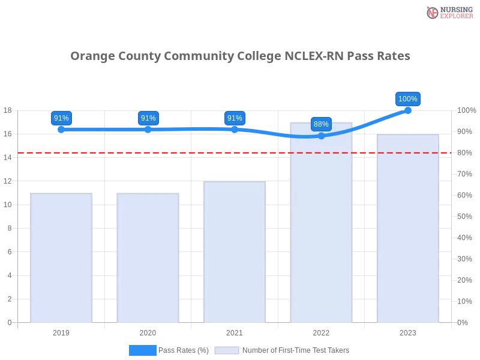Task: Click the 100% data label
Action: click(x=408, y=99)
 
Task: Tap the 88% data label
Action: click(x=321, y=124)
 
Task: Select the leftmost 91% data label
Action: click(x=61, y=118)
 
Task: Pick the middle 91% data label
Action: click(x=148, y=118)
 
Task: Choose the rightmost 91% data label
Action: click(x=235, y=118)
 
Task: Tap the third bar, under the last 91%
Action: click(x=235, y=252)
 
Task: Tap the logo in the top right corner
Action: click(x=448, y=12)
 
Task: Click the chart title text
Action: click(x=240, y=56)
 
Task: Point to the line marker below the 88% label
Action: click(x=321, y=136)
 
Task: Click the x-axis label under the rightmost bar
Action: click(x=408, y=331)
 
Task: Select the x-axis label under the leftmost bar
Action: click(x=62, y=331)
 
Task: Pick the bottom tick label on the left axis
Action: click(x=9, y=322)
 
